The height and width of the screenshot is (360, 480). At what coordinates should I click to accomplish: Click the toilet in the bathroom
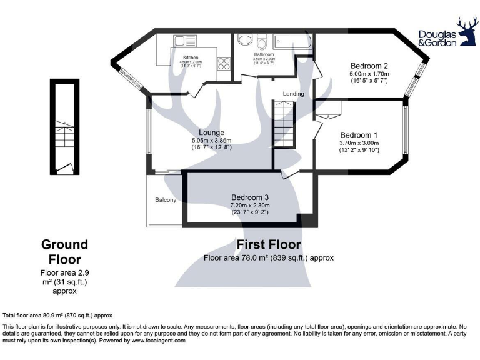tap(262, 43)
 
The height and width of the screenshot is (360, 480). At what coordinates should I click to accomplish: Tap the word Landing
tap(293, 94)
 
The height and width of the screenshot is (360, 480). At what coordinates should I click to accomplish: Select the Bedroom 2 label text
tap(369, 66)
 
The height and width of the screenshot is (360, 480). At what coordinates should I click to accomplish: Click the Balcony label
tap(166, 200)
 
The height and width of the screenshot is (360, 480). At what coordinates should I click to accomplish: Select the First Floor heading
tap(269, 244)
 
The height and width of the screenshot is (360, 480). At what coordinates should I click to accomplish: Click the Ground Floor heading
tap(64, 251)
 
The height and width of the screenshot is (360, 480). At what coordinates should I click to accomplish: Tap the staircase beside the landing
tap(283, 124)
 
